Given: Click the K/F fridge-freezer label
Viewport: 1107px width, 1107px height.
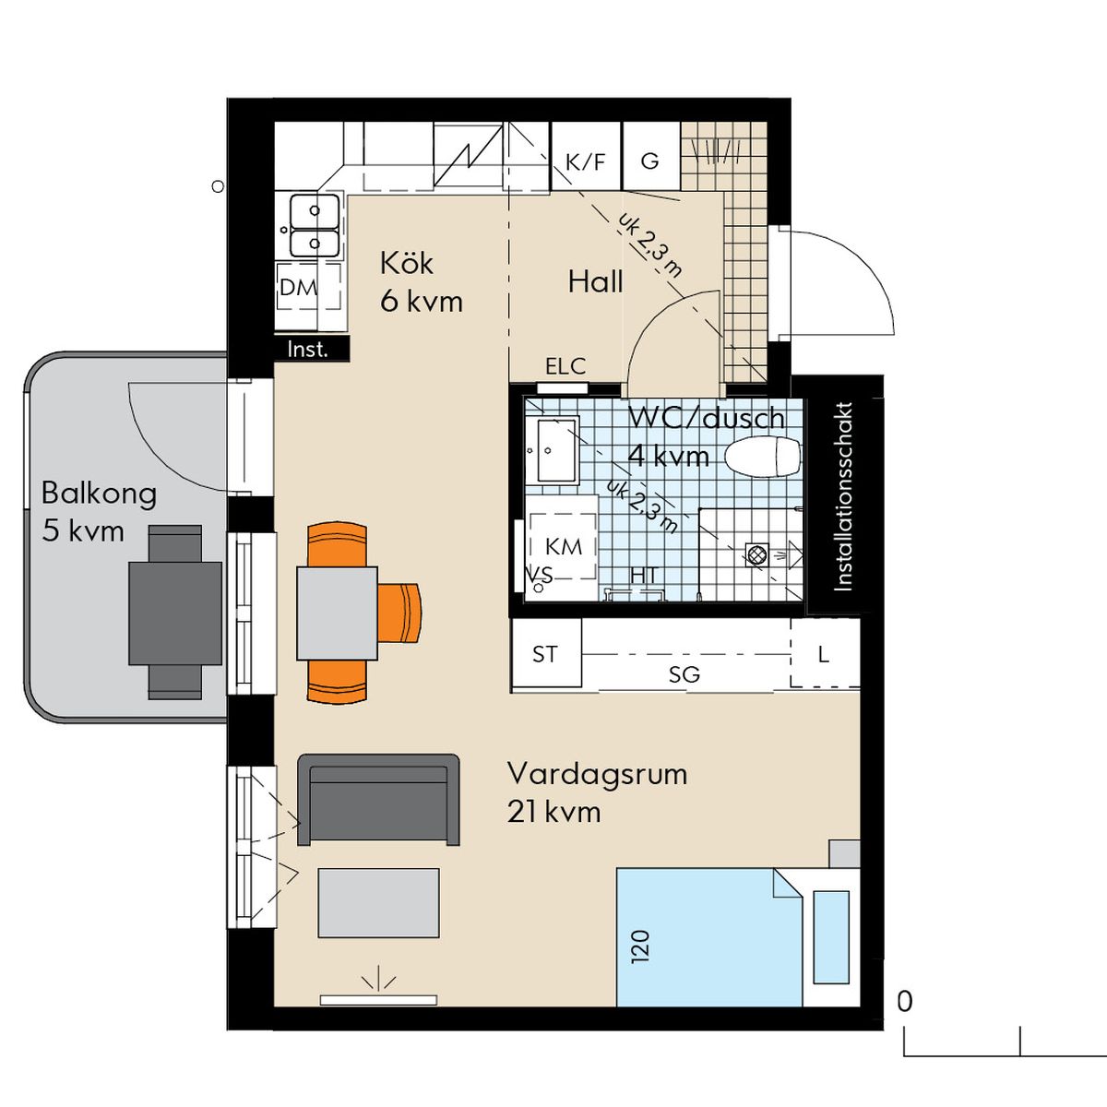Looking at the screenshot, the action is pos(586,162).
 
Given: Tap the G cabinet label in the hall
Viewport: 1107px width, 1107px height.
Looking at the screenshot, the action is pos(649,161).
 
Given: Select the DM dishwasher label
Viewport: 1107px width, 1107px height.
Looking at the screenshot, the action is pos(298,287).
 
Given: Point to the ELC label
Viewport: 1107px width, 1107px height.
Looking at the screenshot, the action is pos(565,366).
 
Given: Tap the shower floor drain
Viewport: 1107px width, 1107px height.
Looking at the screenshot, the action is pos(757,554).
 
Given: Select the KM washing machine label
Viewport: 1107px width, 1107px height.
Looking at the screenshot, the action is pos(564,546).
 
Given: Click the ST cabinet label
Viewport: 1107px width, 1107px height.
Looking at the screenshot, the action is pos(544,654).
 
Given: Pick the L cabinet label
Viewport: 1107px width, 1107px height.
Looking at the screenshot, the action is pos(823,654).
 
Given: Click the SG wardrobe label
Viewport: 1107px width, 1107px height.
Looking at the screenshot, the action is pos(684,674).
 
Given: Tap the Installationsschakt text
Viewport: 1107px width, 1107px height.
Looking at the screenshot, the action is pos(843,497).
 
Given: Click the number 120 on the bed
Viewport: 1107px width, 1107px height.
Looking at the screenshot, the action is pos(640,946).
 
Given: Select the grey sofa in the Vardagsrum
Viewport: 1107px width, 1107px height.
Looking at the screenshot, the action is pos(378,800).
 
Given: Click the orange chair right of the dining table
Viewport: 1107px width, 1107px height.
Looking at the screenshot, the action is pos(399,613).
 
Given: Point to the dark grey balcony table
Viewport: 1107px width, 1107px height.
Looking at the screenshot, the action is pos(175,613).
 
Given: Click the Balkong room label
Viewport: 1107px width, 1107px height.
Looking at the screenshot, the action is pos(100,494).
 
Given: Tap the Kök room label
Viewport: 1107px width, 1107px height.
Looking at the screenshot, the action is pos(407,264).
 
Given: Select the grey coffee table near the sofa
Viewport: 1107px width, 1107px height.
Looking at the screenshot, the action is pos(378,902).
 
